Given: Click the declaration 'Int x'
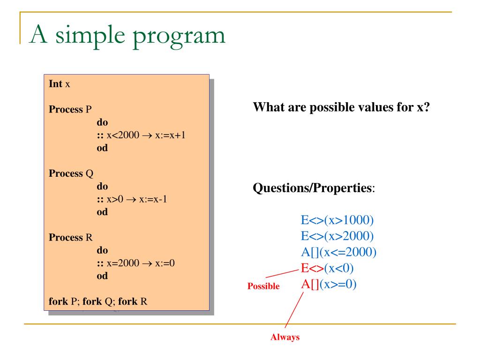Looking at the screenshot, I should click(60, 84).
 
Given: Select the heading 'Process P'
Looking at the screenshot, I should click(70, 110).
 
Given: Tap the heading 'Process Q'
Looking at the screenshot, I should click(71, 173).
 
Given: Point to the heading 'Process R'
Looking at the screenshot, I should click(71, 237).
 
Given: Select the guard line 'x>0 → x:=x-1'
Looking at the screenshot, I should click(132, 199).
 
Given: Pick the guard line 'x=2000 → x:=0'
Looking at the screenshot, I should click(136, 263).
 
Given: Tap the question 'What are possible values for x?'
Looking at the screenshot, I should click(341, 106).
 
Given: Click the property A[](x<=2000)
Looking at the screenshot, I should click(338, 252).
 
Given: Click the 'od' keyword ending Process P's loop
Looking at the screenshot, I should click(102, 148).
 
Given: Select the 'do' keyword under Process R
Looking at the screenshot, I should click(102, 250).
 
